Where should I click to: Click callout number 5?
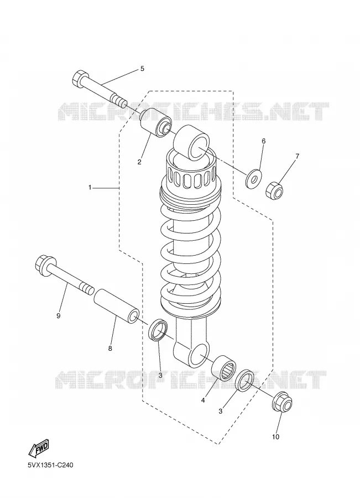142,69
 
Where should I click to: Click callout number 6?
263,141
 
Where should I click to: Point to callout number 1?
90,188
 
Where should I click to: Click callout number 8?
110,349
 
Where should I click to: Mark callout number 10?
275,437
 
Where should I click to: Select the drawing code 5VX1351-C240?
51,465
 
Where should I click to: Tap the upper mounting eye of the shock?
192,142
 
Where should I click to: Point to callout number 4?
203,401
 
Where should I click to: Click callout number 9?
59,316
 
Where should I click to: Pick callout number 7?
297,156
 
